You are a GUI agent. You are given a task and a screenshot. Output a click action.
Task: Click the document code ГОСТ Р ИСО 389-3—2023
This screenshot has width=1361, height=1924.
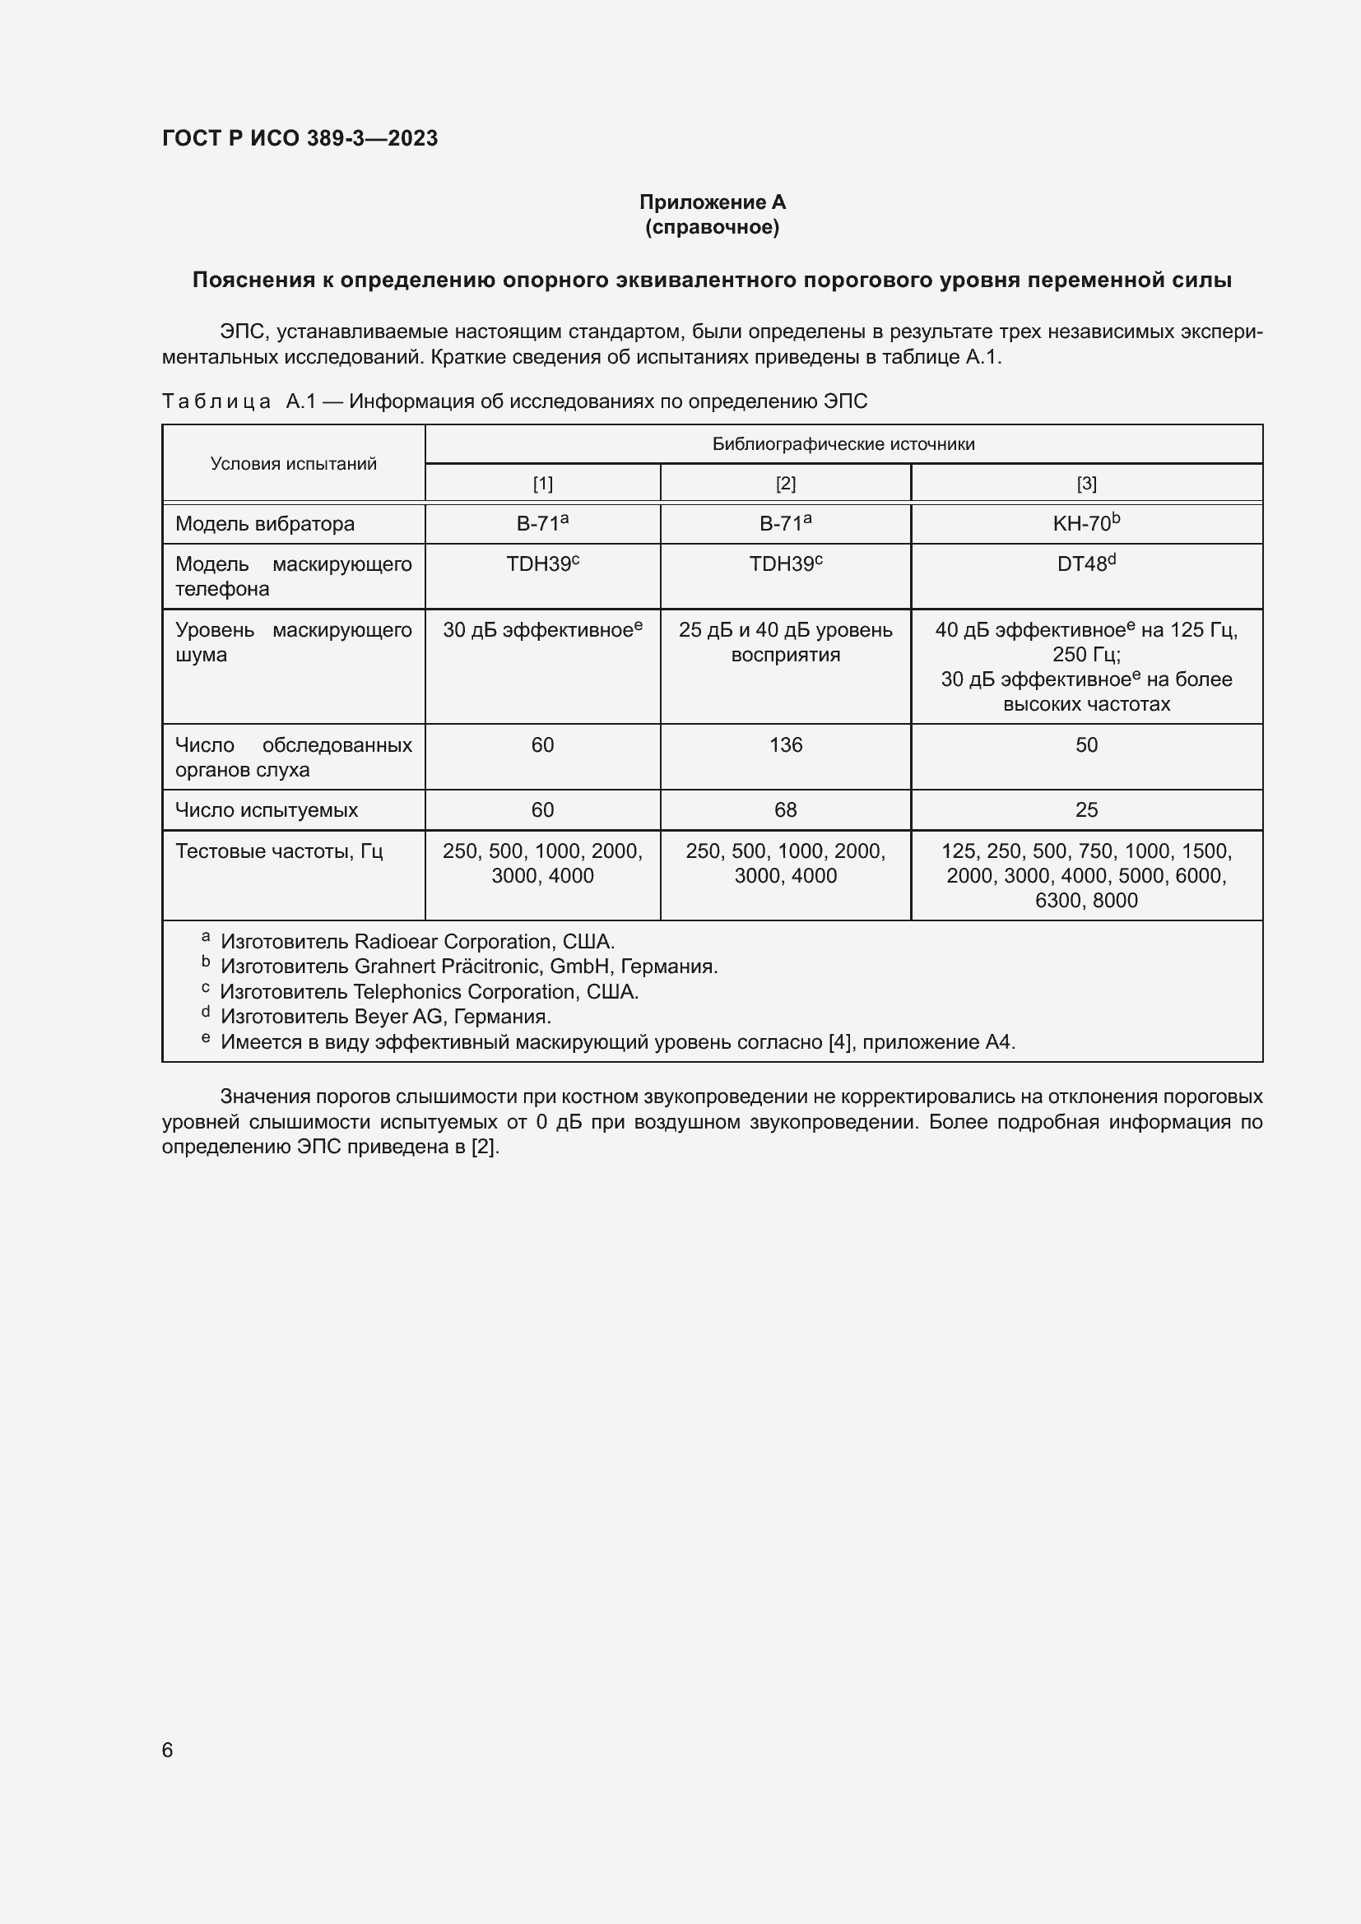click(300, 138)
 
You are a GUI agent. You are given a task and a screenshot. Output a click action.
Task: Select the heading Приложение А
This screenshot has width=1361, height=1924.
click(712, 202)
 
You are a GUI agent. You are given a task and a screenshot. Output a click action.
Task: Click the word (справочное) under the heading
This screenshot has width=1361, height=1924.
click(712, 227)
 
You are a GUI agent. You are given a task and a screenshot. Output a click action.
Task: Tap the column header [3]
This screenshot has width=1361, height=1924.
click(1086, 484)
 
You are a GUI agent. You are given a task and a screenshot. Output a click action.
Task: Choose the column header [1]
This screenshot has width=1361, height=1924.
click(542, 484)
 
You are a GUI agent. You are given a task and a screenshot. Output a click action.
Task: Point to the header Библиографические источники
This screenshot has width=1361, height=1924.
click(843, 444)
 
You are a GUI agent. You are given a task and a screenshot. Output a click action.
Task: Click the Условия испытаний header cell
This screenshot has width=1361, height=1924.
click(293, 463)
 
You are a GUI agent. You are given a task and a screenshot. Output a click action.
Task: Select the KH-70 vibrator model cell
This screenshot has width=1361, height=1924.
click(1086, 524)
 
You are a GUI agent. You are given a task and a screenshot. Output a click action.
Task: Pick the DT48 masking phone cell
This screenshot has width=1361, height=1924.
click(1086, 564)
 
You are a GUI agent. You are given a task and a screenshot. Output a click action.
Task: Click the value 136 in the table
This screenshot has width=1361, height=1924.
click(785, 745)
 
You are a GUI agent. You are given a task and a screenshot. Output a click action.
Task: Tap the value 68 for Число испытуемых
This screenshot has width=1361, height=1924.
click(785, 810)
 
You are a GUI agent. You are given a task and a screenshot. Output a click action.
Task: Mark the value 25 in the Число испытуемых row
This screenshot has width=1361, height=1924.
click(1086, 810)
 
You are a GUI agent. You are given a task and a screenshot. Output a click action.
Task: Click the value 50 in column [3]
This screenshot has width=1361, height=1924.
click(1086, 745)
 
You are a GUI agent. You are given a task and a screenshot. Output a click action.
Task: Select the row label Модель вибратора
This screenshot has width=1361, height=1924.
click(265, 524)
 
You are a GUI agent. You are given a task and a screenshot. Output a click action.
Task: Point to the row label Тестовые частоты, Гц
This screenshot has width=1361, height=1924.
click(279, 851)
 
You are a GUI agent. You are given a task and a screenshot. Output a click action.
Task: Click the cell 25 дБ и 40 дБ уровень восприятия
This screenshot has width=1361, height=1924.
click(785, 642)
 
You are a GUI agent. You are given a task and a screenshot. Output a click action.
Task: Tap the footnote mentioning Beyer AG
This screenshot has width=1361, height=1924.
click(385, 1017)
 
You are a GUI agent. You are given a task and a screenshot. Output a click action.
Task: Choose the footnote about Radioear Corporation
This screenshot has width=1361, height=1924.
click(417, 941)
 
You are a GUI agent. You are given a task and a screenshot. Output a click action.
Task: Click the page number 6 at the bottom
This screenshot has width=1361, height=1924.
click(168, 1750)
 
